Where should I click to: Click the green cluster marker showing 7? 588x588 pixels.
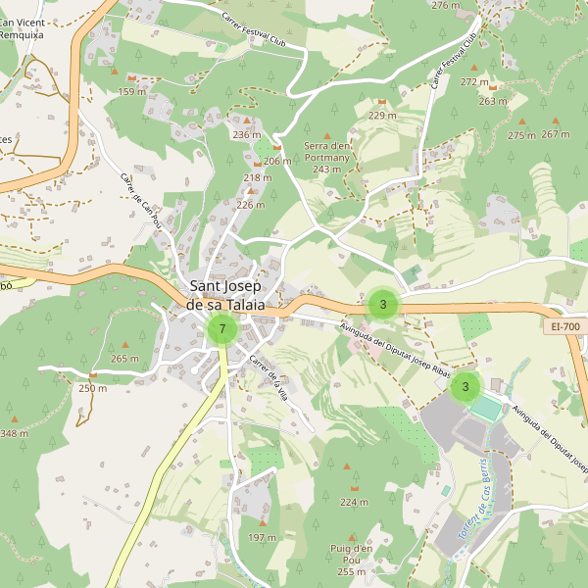[222, 329]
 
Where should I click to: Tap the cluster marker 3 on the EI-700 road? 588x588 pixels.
[382, 304]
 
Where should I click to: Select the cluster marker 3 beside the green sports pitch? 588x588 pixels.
[465, 386]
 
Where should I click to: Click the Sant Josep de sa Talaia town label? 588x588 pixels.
[226, 295]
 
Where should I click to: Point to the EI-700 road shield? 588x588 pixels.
[565, 326]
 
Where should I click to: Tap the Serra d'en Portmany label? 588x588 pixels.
[326, 157]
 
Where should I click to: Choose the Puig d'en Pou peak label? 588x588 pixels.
[352, 560]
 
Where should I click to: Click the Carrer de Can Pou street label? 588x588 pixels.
[139, 201]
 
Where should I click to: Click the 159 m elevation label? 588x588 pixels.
[133, 92]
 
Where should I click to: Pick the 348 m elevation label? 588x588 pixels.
[15, 432]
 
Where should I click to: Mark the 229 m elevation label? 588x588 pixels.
[382, 116]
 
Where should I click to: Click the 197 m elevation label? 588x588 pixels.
[262, 538]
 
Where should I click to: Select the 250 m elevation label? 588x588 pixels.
[92, 388]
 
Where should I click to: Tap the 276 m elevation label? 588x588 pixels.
[445, 6]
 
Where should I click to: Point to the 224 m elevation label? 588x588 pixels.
[354, 502]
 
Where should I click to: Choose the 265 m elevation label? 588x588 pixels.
[124, 359]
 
